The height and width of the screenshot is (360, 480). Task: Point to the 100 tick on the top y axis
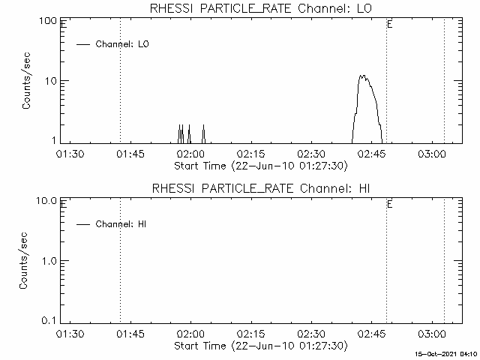click(49, 20)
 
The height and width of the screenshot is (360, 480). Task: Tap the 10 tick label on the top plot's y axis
click(52, 81)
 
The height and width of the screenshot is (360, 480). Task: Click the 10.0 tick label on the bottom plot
click(47, 200)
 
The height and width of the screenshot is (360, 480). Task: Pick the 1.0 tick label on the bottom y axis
click(49, 260)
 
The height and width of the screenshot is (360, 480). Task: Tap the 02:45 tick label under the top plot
click(373, 154)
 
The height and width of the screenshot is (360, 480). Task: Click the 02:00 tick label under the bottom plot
click(190, 334)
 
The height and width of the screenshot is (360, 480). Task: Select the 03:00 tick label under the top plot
click(433, 154)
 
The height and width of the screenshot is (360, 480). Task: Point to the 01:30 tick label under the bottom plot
click(70, 334)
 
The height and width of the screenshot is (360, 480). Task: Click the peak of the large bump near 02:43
click(362, 76)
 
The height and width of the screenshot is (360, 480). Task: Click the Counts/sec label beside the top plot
click(26, 81)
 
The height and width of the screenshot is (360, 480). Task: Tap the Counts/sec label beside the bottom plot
click(26, 260)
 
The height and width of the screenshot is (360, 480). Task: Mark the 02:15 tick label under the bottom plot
click(251, 334)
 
